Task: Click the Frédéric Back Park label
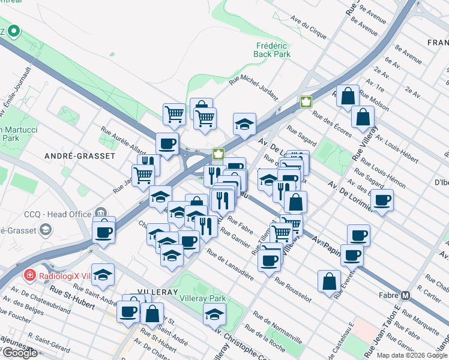[273, 50]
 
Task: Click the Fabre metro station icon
[406, 295]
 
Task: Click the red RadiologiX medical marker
[28, 275]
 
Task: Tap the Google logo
[20, 353]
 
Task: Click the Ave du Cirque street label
[309, 27]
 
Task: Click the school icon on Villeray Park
[214, 314]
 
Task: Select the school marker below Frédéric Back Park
[244, 124]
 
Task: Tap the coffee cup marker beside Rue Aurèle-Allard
[167, 143]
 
